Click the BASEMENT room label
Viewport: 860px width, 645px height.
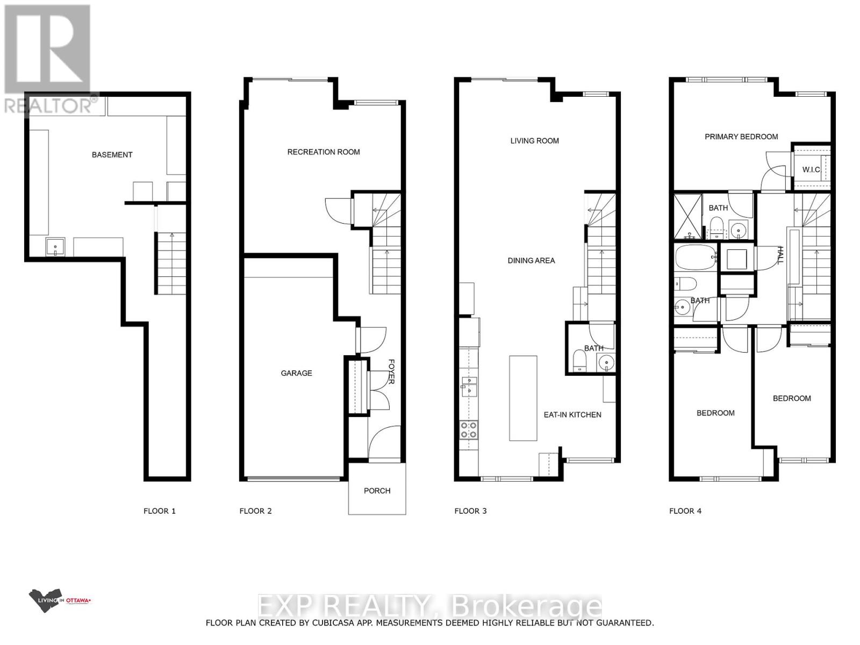tap(112, 155)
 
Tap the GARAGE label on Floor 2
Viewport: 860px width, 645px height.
tap(296, 373)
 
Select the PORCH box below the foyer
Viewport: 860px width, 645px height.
tap(377, 490)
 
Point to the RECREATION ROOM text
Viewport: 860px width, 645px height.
tap(324, 152)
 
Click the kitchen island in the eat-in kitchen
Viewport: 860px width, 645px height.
tap(523, 398)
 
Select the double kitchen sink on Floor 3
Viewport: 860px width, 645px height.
tap(469, 387)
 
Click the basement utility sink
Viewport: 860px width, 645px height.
tap(55, 248)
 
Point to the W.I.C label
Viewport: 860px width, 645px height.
tap(811, 170)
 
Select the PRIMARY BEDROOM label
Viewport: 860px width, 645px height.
tap(741, 137)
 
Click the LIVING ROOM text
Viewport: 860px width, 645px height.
tap(534, 141)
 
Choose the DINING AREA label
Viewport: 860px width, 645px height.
tap(531, 261)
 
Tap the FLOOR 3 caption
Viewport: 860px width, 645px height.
tap(470, 511)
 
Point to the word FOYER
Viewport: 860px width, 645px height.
tap(391, 371)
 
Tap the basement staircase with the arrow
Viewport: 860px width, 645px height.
tap(171, 263)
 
